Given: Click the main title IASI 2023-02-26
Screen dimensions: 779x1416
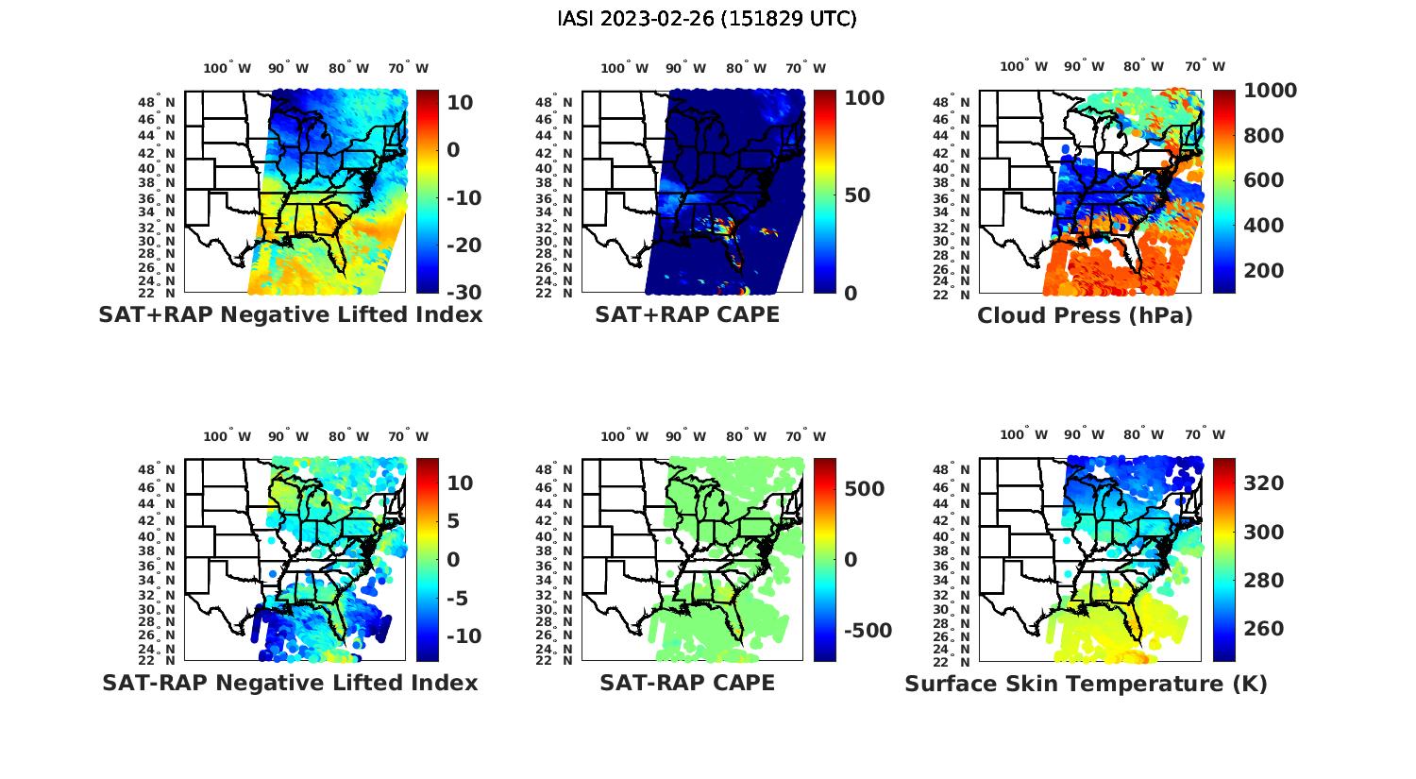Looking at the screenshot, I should (x=707, y=19).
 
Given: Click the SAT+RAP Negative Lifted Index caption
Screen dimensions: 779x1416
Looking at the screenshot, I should (x=291, y=315).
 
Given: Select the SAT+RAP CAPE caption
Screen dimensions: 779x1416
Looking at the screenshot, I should (x=687, y=315).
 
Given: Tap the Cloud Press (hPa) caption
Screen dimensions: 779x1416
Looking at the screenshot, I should (x=1085, y=315).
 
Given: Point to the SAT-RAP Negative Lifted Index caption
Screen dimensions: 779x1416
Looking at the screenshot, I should (x=290, y=683).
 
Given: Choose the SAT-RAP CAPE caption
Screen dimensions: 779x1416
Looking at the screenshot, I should (x=687, y=683).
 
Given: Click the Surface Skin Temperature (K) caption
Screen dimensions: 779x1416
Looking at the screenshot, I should (x=1086, y=684).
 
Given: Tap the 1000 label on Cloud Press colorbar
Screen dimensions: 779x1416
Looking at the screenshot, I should (x=1270, y=91).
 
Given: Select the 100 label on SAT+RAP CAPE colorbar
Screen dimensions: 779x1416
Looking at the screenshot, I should (x=865, y=98).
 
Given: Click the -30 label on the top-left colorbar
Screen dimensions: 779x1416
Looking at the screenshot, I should (x=461, y=293).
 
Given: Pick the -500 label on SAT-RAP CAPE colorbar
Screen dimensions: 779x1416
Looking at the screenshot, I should (x=864, y=631).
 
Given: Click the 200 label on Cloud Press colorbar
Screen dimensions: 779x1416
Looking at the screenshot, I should (x=1263, y=271).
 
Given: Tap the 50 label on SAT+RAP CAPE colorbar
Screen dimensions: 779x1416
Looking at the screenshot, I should (x=856, y=195).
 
